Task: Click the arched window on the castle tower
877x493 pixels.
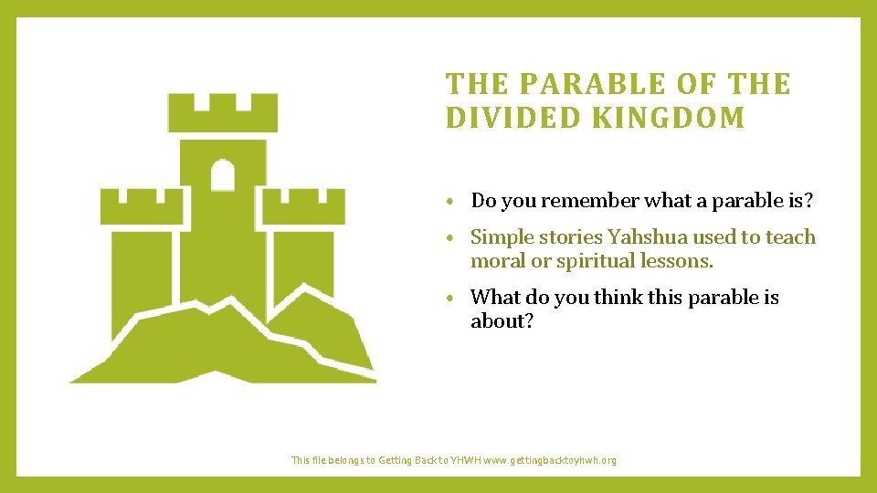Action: click(x=223, y=174)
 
